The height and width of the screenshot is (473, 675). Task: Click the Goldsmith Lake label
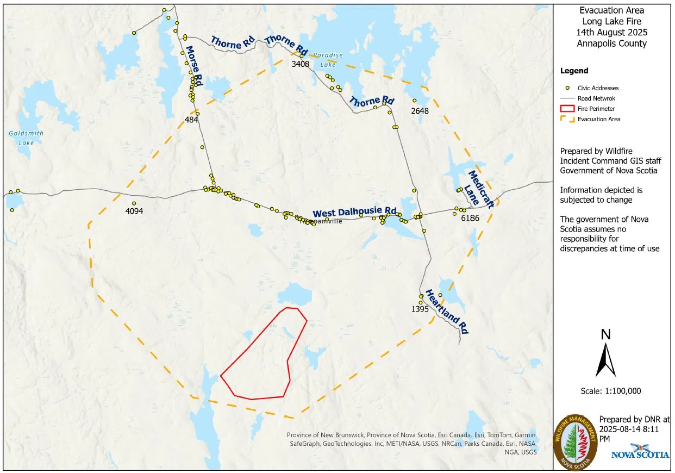click(x=26, y=138)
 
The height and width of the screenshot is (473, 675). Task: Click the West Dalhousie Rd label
click(x=354, y=212)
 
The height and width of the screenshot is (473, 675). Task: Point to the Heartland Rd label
click(x=447, y=312)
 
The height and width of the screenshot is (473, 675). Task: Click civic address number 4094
click(x=134, y=211)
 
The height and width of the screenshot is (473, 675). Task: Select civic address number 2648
click(x=420, y=111)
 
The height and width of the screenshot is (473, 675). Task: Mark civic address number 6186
click(x=469, y=218)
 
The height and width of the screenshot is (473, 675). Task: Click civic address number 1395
click(x=420, y=309)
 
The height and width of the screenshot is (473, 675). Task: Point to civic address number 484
click(x=191, y=120)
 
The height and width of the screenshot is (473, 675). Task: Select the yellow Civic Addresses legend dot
click(x=567, y=88)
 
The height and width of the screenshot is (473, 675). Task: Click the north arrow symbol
click(x=605, y=359)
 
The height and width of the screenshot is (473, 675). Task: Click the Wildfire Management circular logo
click(x=575, y=443)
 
